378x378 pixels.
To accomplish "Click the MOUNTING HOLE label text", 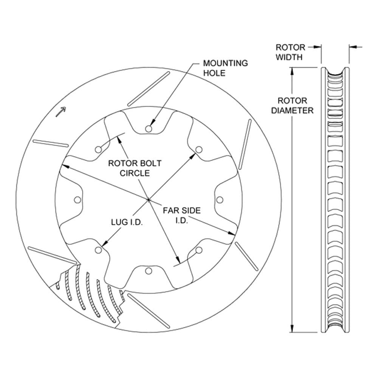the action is click(225, 68).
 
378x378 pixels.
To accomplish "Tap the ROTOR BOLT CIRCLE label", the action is click(135, 168).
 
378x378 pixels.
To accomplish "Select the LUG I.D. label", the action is click(127, 222).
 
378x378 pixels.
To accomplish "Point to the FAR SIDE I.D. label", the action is click(182, 215).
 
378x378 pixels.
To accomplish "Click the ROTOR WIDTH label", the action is click(290, 52).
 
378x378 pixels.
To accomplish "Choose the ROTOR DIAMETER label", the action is click(292, 105).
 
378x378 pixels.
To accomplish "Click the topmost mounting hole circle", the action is click(149, 129).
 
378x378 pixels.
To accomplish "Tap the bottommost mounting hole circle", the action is click(149, 271).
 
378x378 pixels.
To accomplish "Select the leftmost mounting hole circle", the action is click(77, 200).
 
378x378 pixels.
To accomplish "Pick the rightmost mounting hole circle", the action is click(220, 200).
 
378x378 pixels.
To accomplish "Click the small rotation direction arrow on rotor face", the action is click(61, 112).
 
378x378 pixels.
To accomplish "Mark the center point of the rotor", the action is click(149, 200).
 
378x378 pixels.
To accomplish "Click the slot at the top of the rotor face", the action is click(148, 89).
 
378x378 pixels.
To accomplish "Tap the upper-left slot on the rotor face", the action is click(51, 143).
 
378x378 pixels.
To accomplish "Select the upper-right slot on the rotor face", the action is click(245, 144).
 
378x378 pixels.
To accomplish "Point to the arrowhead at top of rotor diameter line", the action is click(292, 71).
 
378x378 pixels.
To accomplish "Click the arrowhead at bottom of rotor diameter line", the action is click(292, 328).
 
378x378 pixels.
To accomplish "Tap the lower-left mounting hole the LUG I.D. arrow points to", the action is click(98, 250).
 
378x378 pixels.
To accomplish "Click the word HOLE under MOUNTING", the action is click(214, 73).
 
